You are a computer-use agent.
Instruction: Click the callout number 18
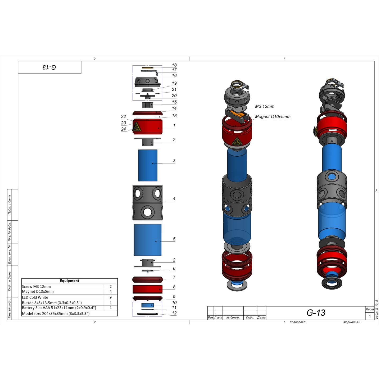pyautogui.click(x=174, y=65)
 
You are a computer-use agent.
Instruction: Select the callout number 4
pyautogui.click(x=174, y=198)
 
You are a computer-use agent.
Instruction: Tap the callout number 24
pyautogui.click(x=123, y=129)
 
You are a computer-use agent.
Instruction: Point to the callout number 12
pyautogui.click(x=174, y=313)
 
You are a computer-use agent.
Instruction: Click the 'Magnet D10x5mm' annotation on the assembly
pyautogui.click(x=273, y=117)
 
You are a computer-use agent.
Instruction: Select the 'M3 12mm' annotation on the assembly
pyautogui.click(x=265, y=106)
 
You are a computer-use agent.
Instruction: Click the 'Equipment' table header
pyautogui.click(x=69, y=281)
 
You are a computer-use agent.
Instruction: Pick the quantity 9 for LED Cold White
pyautogui.click(x=111, y=297)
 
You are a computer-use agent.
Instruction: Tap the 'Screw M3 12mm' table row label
pyautogui.click(x=36, y=287)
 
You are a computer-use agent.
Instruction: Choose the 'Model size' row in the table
pyautogui.click(x=56, y=314)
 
